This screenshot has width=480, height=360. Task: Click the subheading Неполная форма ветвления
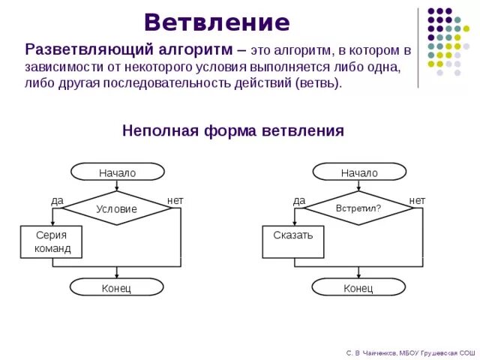click(x=233, y=130)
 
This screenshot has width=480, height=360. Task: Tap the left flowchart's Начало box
click(x=117, y=172)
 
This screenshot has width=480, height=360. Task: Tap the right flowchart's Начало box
click(x=359, y=172)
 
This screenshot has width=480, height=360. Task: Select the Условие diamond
click(x=117, y=208)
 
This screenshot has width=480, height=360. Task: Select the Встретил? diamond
click(x=358, y=208)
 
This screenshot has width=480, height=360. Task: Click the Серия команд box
click(x=52, y=241)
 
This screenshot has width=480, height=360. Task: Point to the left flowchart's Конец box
click(x=117, y=287)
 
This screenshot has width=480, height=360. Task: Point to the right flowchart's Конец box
click(x=358, y=287)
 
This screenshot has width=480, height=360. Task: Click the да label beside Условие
click(x=57, y=200)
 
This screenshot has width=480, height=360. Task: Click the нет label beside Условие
click(x=175, y=200)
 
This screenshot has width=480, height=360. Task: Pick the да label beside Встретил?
click(x=299, y=200)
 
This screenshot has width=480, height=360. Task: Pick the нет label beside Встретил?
click(x=417, y=200)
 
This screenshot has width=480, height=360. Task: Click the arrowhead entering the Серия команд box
click(x=52, y=223)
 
